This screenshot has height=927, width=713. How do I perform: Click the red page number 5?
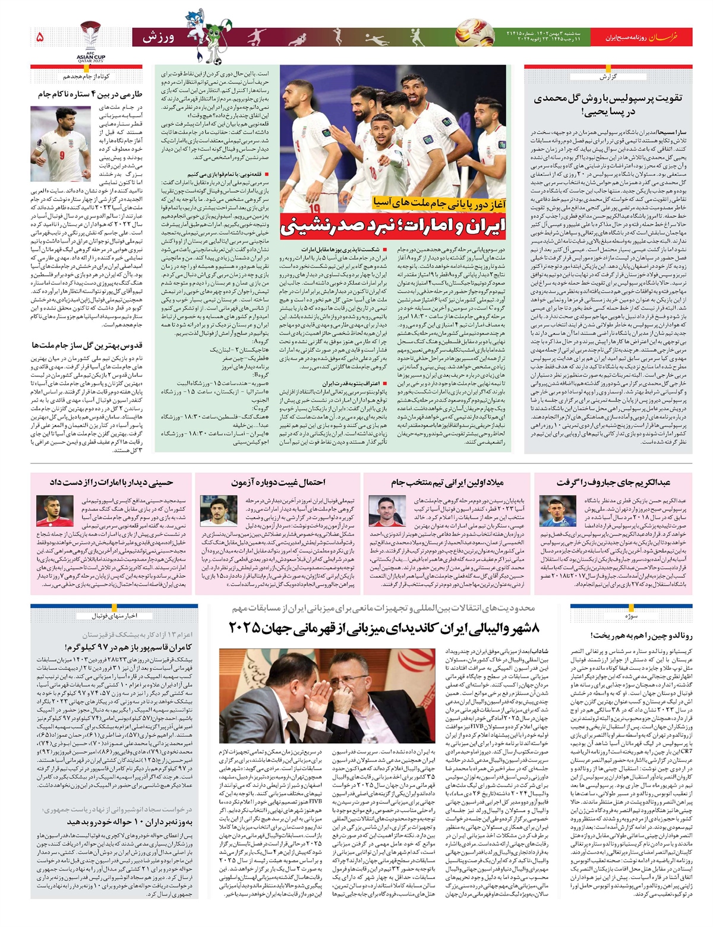click(40, 37)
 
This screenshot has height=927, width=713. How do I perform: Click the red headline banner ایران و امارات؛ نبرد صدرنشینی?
click(401, 226)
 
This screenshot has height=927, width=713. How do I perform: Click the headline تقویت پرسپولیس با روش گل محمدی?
click(607, 105)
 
